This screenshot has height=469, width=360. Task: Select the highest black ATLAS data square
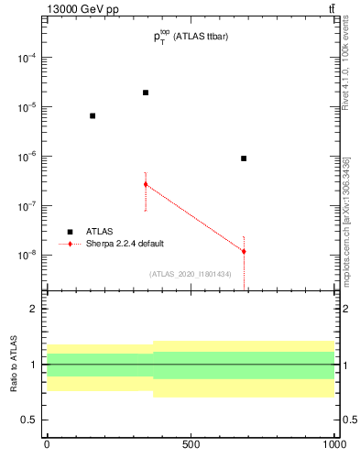(x=146, y=93)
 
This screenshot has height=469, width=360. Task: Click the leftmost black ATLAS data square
(x=93, y=115)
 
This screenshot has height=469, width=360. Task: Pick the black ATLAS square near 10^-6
(x=244, y=158)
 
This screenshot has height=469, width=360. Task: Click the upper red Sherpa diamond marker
(x=146, y=184)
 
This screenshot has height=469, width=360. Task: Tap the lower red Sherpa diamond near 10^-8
(x=244, y=251)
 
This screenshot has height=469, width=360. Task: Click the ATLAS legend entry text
(x=100, y=232)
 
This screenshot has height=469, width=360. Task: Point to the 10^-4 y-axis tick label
(x=25, y=58)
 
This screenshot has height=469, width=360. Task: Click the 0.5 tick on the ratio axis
(x=28, y=420)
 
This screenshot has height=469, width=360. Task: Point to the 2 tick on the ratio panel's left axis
(x=34, y=309)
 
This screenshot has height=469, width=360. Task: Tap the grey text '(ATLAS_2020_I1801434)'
(x=191, y=274)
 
